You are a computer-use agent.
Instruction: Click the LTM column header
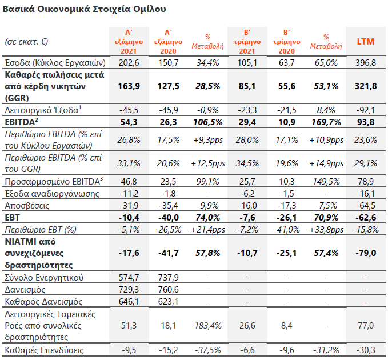pos(366,42)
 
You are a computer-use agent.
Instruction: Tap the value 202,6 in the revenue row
pos(129,63)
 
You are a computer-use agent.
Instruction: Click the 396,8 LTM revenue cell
pos(366,63)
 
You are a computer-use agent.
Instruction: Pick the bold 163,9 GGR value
pos(129,86)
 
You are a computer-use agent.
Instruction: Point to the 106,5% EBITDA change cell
pos(208,122)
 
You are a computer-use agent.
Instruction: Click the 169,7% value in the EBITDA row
pos(326,122)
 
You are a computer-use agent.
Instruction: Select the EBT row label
pos(12,218)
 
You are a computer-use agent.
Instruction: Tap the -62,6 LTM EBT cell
pos(366,218)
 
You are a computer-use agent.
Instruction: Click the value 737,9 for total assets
pos(168,277)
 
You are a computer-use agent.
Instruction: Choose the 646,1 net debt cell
pos(129,301)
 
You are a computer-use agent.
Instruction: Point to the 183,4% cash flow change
pos(208,325)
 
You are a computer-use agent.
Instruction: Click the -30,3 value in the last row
pos(366,350)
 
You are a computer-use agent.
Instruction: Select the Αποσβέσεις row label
pos(27,205)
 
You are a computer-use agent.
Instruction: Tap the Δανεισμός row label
pos(25,290)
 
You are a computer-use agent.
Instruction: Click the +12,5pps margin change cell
pos(208,163)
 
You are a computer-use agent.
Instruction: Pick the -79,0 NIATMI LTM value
pos(366,253)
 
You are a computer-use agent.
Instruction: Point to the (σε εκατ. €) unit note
pos(26,41)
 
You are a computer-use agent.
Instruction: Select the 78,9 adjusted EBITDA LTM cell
pos(366,181)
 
